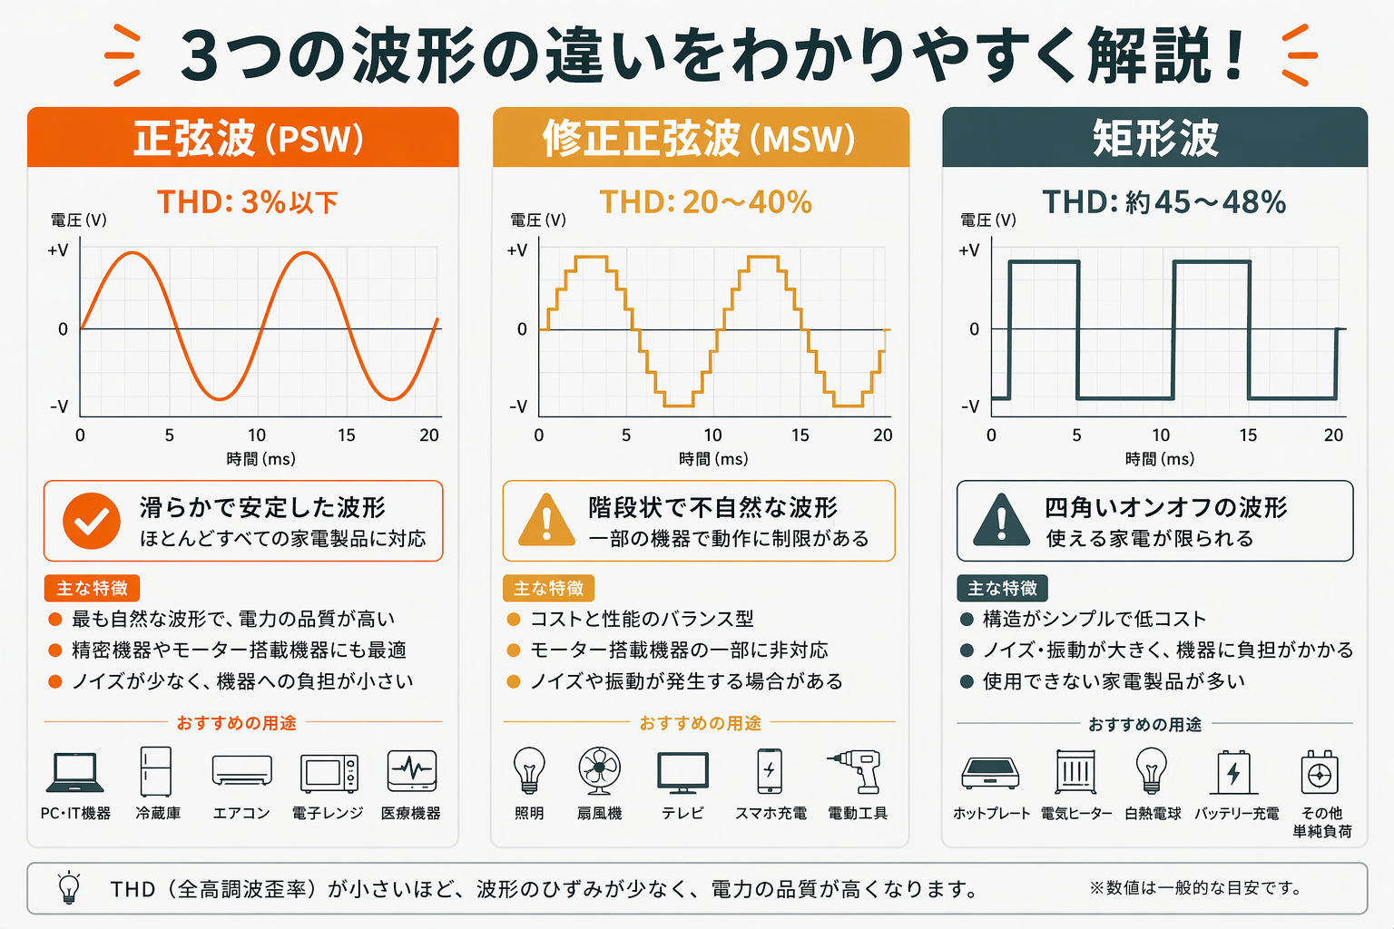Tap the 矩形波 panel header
pos(1154,139)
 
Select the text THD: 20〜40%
pos(705,202)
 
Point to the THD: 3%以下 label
pos(247,202)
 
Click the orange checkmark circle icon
pos(91,522)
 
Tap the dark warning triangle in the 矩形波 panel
pos(1001,520)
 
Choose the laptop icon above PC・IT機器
pos(74,772)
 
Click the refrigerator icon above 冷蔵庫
pos(155,771)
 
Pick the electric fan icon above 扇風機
pos(600,771)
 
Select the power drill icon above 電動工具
pos(855,771)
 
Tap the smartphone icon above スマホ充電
pos(770,771)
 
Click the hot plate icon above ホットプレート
pos(990,773)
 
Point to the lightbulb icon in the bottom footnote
pos(69,888)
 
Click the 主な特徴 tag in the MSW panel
pos(548,589)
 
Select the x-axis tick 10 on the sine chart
pos(257,435)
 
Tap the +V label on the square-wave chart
pos(968,250)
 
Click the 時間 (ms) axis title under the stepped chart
pos(713,459)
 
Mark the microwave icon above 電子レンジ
pos(329,773)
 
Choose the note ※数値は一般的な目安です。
pos(1196,888)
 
